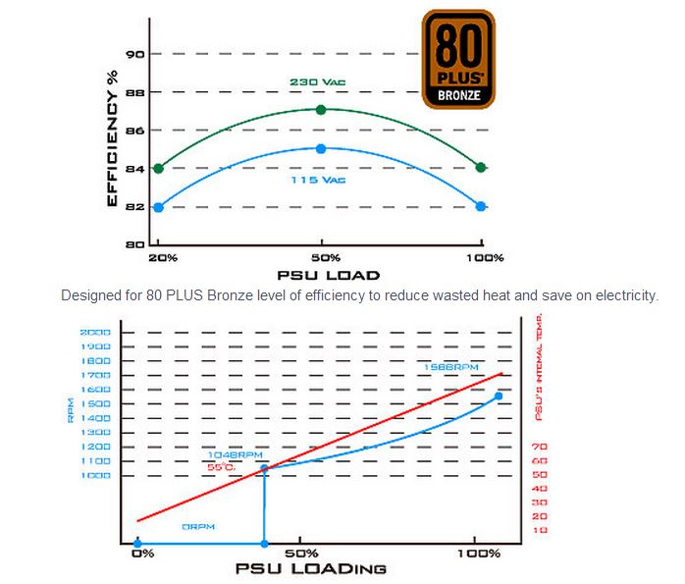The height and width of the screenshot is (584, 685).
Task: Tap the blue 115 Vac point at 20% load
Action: (x=158, y=207)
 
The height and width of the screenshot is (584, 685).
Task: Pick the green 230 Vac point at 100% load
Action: (x=481, y=168)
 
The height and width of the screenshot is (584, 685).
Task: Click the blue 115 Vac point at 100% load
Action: (x=481, y=206)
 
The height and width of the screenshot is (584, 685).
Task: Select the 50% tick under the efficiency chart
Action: (x=320, y=257)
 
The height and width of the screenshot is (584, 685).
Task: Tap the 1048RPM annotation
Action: (x=236, y=455)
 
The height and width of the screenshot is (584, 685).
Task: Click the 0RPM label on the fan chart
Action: (x=199, y=527)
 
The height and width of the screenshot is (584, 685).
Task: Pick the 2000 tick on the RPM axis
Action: (x=94, y=333)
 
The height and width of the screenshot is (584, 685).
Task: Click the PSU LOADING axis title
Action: (x=310, y=568)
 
